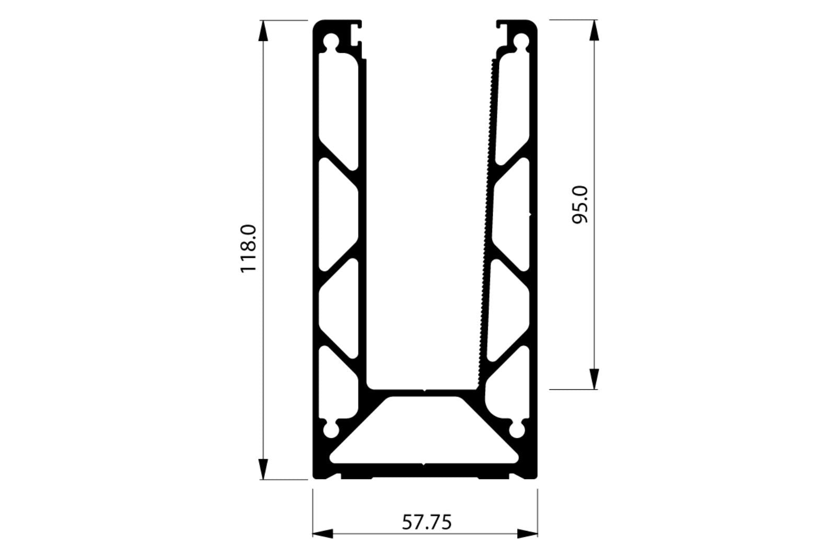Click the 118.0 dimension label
point(248,248)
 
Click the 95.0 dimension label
point(580,205)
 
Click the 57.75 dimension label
point(426,522)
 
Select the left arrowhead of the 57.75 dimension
point(323,534)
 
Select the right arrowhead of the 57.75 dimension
point(527,534)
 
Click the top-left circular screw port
point(331,41)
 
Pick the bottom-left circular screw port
point(331,430)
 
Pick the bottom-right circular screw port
point(517,430)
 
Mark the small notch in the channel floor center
point(424,389)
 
